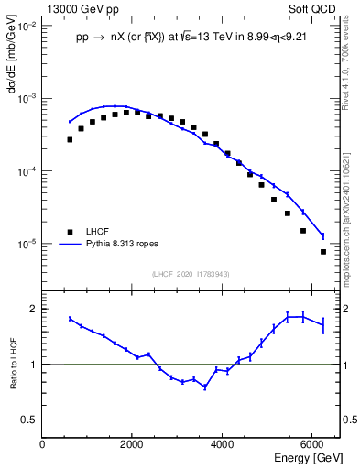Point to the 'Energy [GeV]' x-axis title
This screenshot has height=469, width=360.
point(308,456)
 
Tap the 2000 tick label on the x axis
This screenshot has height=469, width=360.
point(133,443)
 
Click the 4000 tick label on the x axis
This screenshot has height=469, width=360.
point(223,443)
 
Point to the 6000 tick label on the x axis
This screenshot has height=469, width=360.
point(312,443)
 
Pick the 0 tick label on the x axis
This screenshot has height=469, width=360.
point(43,443)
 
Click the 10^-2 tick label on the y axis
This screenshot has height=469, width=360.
point(27,26)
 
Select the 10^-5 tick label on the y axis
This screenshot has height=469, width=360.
point(27,245)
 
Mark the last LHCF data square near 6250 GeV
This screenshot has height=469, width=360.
point(323,251)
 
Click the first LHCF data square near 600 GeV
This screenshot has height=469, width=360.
point(70,139)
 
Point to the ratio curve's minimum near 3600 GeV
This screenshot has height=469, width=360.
point(204,387)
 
